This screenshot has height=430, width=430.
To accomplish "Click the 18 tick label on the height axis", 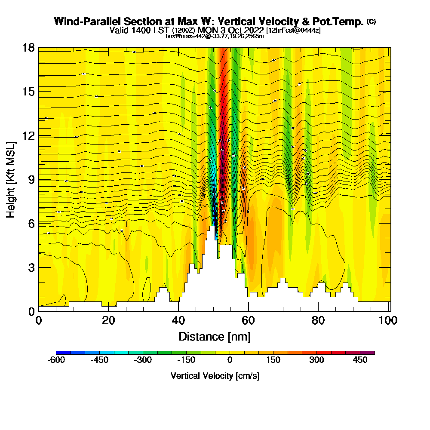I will pos(28,47).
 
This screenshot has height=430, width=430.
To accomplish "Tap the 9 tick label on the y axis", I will pos(30,179).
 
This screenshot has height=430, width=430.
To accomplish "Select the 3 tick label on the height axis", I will pos(30,267).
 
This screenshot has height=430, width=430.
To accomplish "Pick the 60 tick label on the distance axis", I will pos(248,321).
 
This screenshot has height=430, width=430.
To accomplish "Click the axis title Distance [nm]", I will pos(215,336).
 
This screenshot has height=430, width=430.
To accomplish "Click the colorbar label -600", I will pos(56,360).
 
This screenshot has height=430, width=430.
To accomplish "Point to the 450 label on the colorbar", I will pos(360,360).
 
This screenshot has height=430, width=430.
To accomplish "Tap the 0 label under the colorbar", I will pos(230,360).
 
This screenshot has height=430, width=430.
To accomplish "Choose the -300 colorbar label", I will pos(143,360).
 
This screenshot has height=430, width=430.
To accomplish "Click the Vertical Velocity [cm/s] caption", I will pos(215,376).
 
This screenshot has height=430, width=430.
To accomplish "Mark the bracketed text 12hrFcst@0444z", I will pos(293,31).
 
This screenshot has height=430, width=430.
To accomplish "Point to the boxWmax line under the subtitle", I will pos(215,36).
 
